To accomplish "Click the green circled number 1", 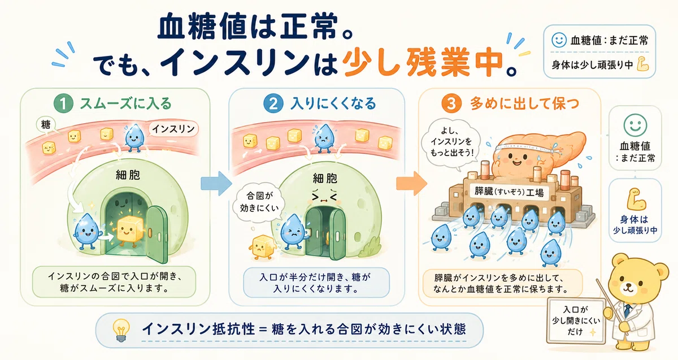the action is (x=63, y=103).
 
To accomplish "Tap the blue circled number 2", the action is (x=273, y=103).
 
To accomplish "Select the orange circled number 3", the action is (x=451, y=103).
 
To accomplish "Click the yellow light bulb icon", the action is (x=121, y=330).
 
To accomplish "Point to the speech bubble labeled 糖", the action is (x=46, y=124).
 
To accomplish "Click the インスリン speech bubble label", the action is (x=173, y=129).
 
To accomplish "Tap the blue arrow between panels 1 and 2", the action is (x=216, y=184).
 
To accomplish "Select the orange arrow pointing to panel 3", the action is (x=412, y=184).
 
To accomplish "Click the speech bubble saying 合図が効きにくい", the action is (x=259, y=202).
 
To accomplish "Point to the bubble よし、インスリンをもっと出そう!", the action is (x=451, y=142).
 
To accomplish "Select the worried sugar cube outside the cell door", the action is (x=262, y=247).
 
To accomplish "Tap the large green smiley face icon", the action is (x=635, y=125).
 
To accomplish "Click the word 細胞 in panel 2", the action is (x=325, y=179).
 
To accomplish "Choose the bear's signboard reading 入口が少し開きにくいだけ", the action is (x=576, y=321).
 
